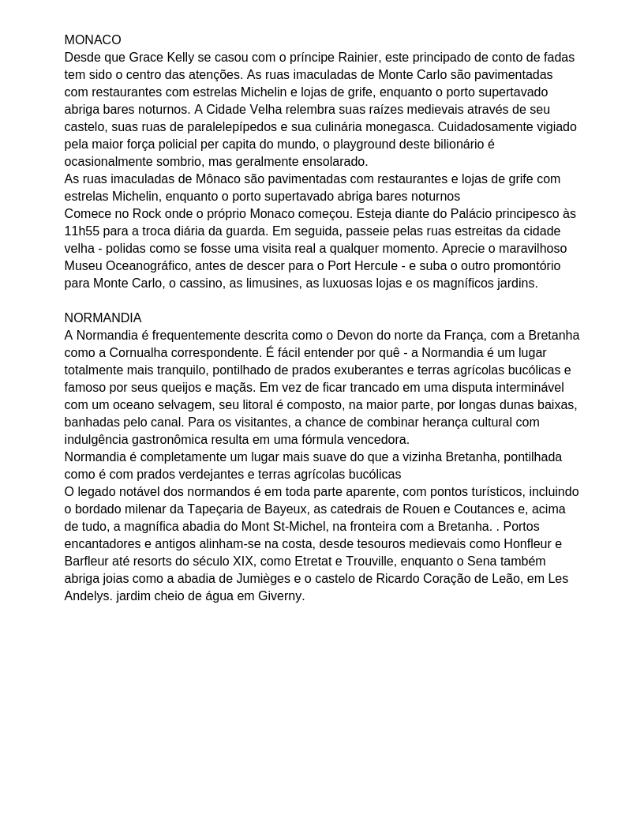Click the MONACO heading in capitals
click(92, 40)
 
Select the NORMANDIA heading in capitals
click(103, 318)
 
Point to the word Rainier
click(358, 58)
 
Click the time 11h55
click(81, 231)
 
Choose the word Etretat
click(316, 562)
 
